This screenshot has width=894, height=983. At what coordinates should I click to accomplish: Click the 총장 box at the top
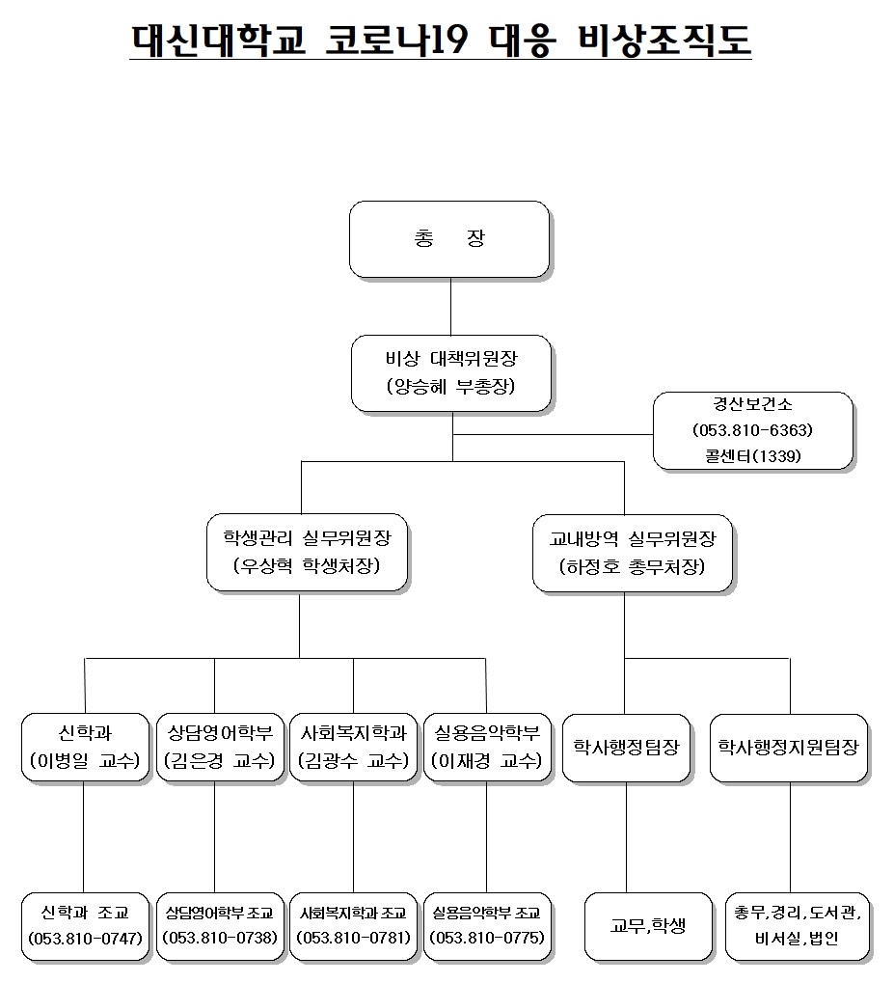tap(449, 239)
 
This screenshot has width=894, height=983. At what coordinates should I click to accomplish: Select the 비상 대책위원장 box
tap(451, 373)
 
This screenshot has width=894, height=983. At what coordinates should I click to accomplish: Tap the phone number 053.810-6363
tap(752, 430)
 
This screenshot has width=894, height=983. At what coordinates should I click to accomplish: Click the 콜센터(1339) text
tap(753, 455)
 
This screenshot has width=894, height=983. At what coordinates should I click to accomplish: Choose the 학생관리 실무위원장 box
tap(308, 553)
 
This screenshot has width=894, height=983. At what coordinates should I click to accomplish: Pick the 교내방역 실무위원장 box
tap(633, 554)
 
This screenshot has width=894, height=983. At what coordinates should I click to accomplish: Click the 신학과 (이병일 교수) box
tap(85, 748)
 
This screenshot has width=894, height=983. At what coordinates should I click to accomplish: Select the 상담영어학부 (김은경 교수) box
tap(220, 748)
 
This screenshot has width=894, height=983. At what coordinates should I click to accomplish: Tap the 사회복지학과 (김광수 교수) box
tap(354, 748)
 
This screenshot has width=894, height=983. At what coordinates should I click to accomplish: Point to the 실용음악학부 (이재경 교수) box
tap(488, 748)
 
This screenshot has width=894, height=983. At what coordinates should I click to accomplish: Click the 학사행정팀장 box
tap(626, 748)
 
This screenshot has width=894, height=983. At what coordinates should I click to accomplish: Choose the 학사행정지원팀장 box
tap(789, 748)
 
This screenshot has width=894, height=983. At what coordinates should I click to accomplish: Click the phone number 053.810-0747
tap(85, 939)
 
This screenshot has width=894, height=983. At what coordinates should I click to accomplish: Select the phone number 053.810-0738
tap(220, 938)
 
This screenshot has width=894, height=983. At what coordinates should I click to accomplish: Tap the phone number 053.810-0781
tap(354, 938)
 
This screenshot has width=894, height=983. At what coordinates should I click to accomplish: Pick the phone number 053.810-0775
tap(488, 938)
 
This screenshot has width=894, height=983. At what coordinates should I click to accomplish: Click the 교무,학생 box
tap(649, 927)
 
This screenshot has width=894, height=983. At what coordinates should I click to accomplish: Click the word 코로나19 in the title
tap(396, 41)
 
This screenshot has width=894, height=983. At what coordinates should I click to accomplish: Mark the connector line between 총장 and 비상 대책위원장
tap(450, 307)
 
